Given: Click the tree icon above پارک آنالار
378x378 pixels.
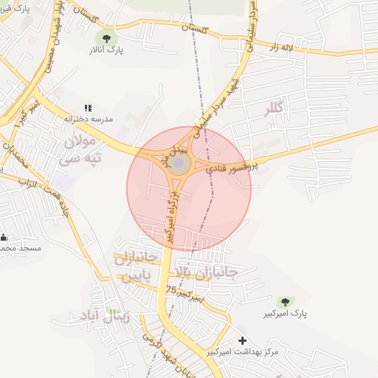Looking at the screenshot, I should tap(109, 38).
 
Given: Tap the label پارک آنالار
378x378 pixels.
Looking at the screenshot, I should tap(107, 51).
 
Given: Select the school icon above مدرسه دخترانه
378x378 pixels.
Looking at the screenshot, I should tap(89, 108).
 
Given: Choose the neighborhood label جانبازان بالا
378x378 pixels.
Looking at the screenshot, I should tap(209, 274).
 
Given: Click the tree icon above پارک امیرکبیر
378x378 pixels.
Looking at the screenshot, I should tap(284, 302).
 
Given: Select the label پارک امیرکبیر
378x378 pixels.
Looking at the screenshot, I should tap(283, 315).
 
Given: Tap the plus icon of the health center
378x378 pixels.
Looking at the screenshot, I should tap(243, 340).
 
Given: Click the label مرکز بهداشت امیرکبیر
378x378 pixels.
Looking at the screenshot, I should tap(243, 351).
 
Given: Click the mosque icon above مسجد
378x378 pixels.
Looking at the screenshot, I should tap(4, 238).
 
